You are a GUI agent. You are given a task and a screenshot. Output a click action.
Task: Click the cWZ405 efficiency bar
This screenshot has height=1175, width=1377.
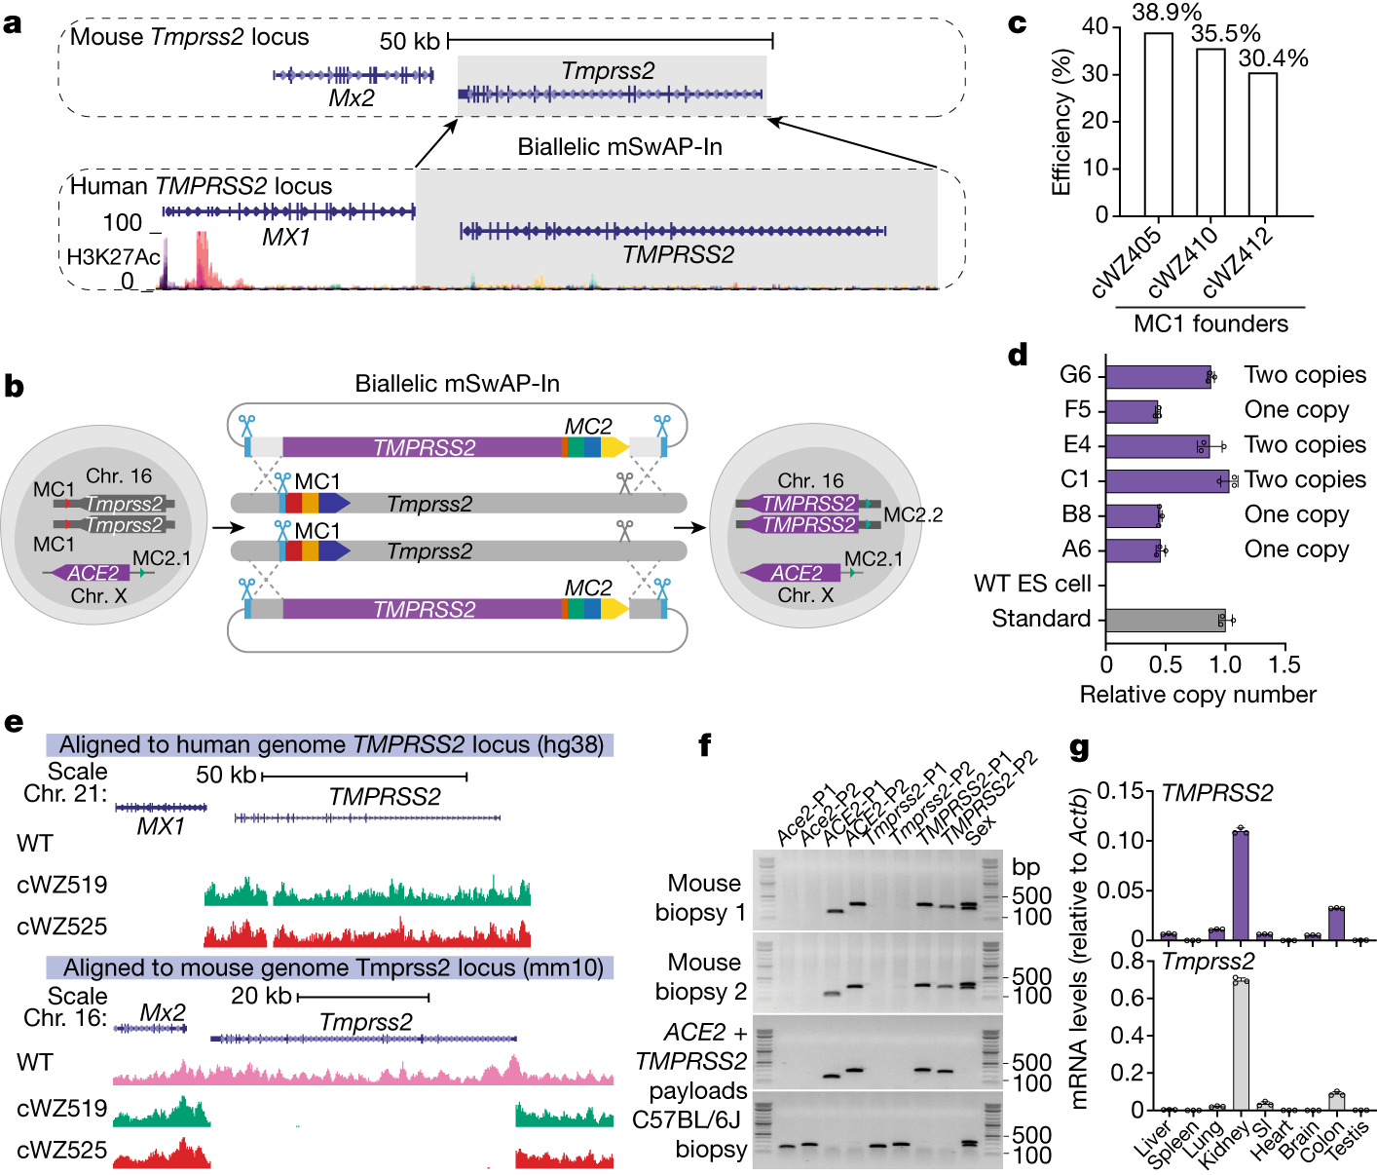1158,125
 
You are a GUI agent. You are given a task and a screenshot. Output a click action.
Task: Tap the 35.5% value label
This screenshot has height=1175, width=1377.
1225,34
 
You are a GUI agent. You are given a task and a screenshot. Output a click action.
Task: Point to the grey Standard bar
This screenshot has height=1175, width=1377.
1165,620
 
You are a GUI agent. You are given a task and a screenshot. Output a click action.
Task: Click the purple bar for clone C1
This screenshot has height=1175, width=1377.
1167,480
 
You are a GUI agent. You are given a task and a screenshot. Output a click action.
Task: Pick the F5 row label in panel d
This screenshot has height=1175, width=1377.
1077,410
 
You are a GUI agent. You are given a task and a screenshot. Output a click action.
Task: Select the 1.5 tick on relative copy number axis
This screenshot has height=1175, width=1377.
1284,665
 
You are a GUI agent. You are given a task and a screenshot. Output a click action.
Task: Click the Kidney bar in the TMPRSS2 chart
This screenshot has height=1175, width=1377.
1240,886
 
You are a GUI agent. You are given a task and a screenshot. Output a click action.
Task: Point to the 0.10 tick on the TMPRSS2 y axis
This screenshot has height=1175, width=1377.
1120,840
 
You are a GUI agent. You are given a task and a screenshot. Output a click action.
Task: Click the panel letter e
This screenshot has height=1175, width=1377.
14,723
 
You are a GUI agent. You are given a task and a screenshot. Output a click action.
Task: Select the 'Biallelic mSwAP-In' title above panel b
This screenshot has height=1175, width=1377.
457,384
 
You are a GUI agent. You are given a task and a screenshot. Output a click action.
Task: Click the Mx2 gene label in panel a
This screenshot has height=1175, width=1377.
352,98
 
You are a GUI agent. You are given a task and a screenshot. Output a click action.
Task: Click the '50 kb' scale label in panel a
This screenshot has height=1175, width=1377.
410,41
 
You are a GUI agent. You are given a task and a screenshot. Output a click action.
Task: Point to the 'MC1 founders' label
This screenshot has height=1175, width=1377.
1210,323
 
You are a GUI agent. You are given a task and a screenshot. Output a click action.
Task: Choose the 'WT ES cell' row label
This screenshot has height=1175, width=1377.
1032,585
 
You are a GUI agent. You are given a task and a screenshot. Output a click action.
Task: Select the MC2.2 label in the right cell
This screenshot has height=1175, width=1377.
912,515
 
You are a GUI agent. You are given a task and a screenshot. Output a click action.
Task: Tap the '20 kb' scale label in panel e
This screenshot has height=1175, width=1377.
261,996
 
